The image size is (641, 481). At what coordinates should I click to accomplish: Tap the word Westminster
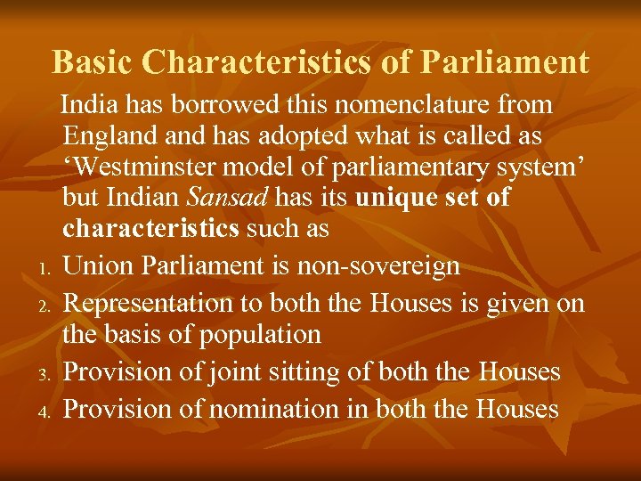coord(145,167)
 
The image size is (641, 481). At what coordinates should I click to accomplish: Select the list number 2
coord(43,306)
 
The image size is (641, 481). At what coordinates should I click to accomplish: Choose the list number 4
coord(43,412)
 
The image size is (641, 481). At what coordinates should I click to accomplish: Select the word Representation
coord(147,303)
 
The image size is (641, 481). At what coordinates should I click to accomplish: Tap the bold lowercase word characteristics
coord(150,228)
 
